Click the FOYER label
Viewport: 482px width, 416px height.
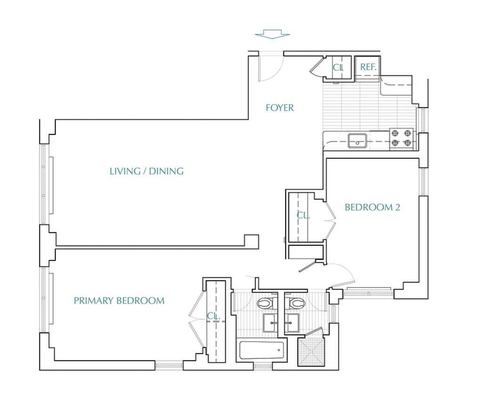(280, 108)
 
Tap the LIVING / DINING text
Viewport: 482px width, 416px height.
(147, 171)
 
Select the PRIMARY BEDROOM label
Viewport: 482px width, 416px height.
(119, 301)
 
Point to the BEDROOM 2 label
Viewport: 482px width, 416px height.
(372, 208)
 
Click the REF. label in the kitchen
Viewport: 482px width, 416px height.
(368, 67)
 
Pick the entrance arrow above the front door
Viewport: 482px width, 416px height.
(273, 34)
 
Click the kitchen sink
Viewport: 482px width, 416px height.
(357, 141)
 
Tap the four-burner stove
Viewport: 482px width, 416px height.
(401, 138)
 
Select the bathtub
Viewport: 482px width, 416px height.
(262, 350)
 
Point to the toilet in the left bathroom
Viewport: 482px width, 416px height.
(265, 303)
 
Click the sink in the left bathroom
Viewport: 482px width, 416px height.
(269, 323)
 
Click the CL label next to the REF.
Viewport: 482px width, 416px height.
(338, 68)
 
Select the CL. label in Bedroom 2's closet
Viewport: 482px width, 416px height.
(303, 216)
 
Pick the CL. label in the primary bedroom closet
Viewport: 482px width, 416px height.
(213, 316)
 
